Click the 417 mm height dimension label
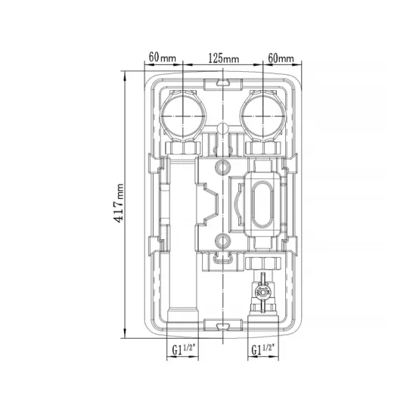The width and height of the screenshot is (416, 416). (118, 203)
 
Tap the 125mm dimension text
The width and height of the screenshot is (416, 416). (223, 58)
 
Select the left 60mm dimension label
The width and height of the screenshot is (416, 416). (162, 57)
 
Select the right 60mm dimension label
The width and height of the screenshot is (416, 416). (281, 58)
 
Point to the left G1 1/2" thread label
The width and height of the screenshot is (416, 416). (184, 349)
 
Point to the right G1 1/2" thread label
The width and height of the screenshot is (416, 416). (262, 349)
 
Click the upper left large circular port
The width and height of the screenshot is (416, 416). (183, 116)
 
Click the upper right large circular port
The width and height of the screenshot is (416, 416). (262, 116)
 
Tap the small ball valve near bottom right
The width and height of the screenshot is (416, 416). (262, 292)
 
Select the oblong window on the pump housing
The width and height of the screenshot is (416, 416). (262, 204)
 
